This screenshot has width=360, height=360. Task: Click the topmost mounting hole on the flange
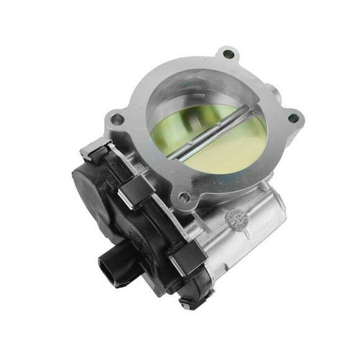coord(228,55)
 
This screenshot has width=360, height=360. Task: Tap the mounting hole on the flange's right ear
coord(293,118)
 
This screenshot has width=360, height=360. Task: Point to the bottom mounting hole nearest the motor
coord(183,197)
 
